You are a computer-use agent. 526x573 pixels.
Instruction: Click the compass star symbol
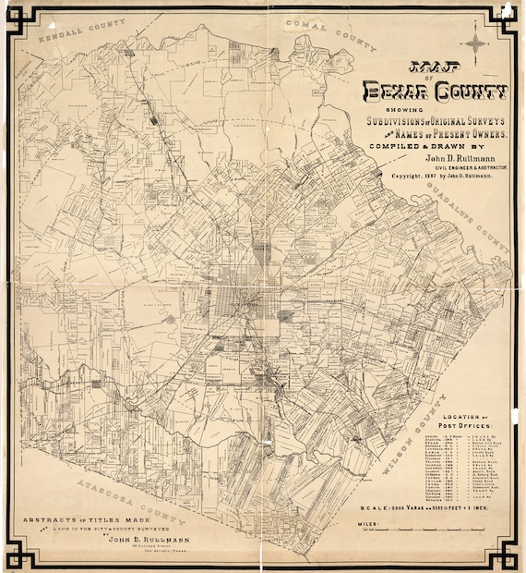(x=474, y=43)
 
